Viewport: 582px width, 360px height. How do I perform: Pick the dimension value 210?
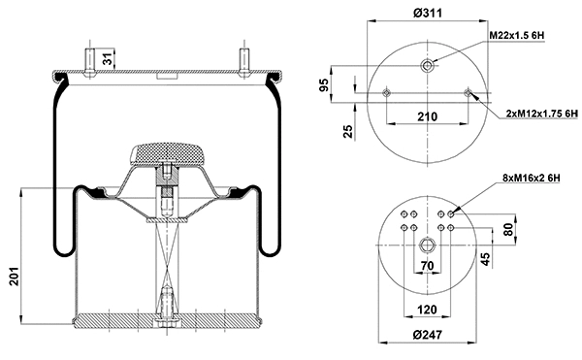427,116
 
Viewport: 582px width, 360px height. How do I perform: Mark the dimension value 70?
427,265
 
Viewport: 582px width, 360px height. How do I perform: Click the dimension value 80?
507,233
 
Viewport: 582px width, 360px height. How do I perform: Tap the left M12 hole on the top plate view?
386,93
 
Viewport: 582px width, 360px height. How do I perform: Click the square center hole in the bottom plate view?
427,243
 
